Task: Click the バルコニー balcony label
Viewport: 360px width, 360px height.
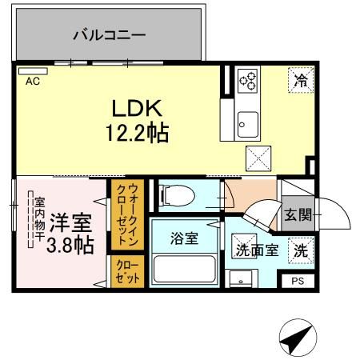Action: pos(109,35)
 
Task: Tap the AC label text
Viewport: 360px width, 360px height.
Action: pos(33,81)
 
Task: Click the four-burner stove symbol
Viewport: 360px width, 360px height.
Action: pos(248,81)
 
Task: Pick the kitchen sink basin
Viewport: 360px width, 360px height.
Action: pos(247,123)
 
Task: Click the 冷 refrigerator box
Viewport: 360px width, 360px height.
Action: pos(301,81)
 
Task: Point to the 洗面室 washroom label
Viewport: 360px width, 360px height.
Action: pos(256,250)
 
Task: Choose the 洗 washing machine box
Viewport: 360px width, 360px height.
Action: pos(300,250)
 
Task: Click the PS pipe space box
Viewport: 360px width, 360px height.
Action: pos(298,281)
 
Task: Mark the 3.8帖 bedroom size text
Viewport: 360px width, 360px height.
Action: pos(68,245)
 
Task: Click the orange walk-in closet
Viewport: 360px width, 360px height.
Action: pos(127,213)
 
